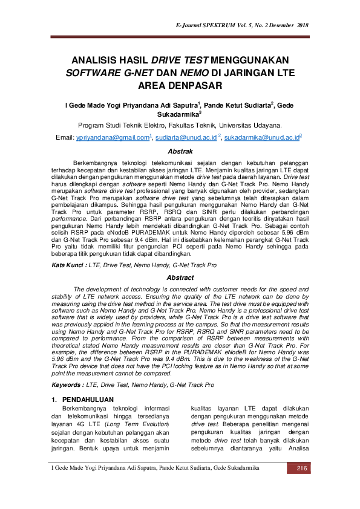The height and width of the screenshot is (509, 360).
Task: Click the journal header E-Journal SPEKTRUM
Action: [212, 26]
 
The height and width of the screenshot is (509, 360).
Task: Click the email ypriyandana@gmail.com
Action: [113, 138]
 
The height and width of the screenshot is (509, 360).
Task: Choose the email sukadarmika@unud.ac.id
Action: [262, 138]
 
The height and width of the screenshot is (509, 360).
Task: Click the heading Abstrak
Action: [180, 151]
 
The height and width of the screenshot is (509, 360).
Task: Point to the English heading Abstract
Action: [180, 278]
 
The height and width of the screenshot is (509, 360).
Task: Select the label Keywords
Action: [67, 384]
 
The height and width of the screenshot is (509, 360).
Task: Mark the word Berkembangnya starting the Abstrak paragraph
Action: [94, 164]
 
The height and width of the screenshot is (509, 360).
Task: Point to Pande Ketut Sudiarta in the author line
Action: [237, 105]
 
